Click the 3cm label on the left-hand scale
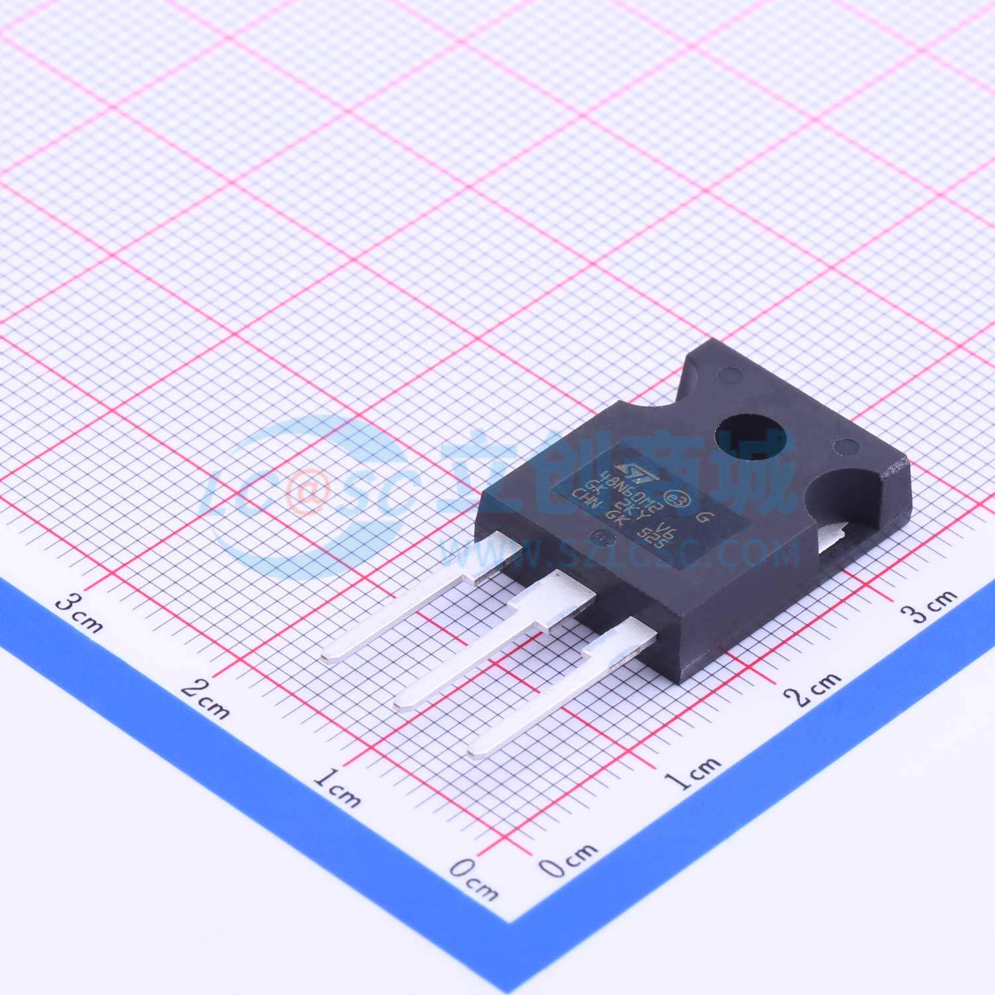pyautogui.click(x=78, y=611)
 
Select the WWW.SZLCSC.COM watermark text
pyautogui.click(x=620, y=551)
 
